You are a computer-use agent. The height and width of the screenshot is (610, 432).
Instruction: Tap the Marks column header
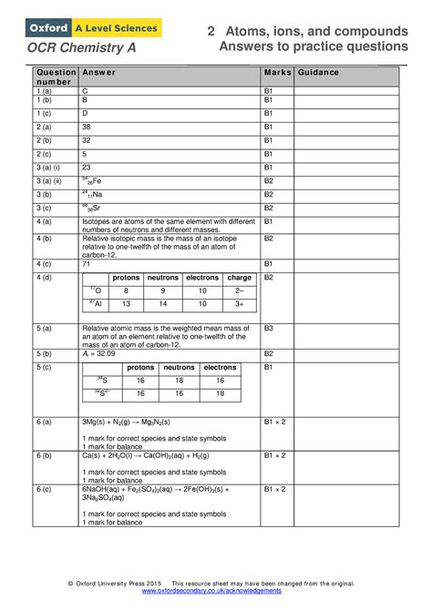pyautogui.click(x=275, y=72)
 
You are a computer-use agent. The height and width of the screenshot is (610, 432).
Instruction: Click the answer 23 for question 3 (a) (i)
pyautogui.click(x=87, y=168)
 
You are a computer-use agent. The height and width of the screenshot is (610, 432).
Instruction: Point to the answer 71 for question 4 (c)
pyautogui.click(x=87, y=263)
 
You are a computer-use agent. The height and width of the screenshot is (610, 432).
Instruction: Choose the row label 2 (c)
pyautogui.click(x=45, y=154)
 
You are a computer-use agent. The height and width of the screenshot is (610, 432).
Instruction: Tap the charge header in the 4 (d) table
pyautogui.click(x=239, y=277)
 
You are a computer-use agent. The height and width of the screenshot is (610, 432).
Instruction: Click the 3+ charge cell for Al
pyautogui.click(x=239, y=304)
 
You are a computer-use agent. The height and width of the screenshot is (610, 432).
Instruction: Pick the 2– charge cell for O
pyautogui.click(x=239, y=290)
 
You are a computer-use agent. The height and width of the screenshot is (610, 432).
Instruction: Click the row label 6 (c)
pyautogui.click(x=44, y=489)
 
